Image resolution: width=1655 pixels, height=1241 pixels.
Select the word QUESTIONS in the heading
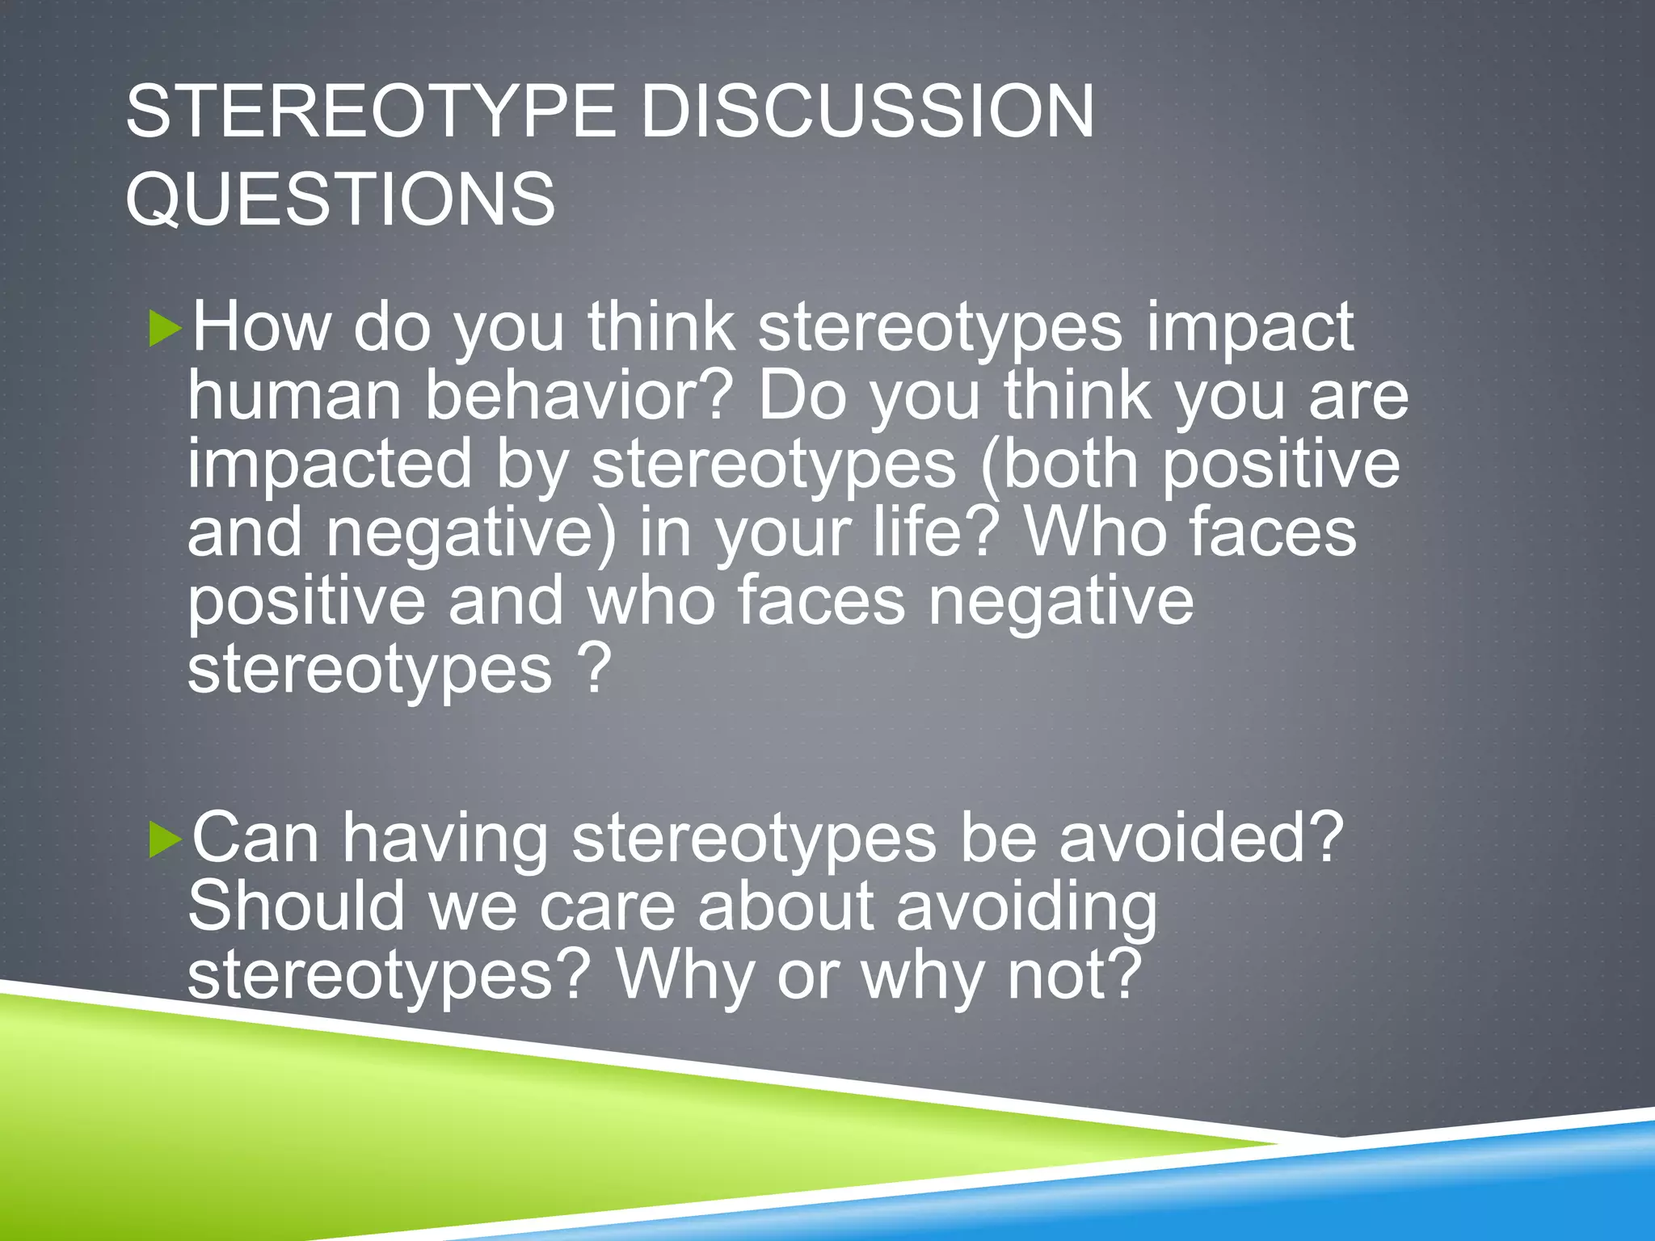(340, 199)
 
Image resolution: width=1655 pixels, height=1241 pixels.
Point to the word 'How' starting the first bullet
(261, 327)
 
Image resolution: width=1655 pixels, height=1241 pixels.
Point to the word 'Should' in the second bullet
(296, 907)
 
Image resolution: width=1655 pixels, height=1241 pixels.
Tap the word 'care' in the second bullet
(607, 907)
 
